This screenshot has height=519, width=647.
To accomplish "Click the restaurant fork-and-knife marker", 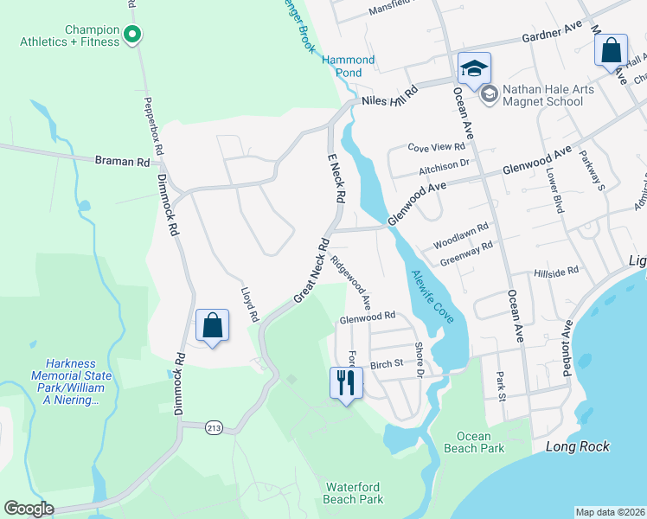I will (346, 382).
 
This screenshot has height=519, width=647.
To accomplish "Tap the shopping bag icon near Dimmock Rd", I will (212, 326).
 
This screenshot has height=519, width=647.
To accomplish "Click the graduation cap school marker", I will (474, 67).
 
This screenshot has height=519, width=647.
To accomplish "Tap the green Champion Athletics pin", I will (132, 35).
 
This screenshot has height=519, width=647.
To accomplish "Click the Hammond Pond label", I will (349, 67).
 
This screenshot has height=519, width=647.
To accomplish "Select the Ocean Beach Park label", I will (474, 443).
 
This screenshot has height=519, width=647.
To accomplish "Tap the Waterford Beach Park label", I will (353, 493).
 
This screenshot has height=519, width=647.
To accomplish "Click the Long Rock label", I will (578, 446).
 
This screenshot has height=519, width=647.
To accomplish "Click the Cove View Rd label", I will (437, 148).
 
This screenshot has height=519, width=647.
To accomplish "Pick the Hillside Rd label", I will (556, 272).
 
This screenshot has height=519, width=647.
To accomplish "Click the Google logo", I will (29, 509).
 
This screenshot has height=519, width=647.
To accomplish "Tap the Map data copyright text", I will (610, 512).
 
